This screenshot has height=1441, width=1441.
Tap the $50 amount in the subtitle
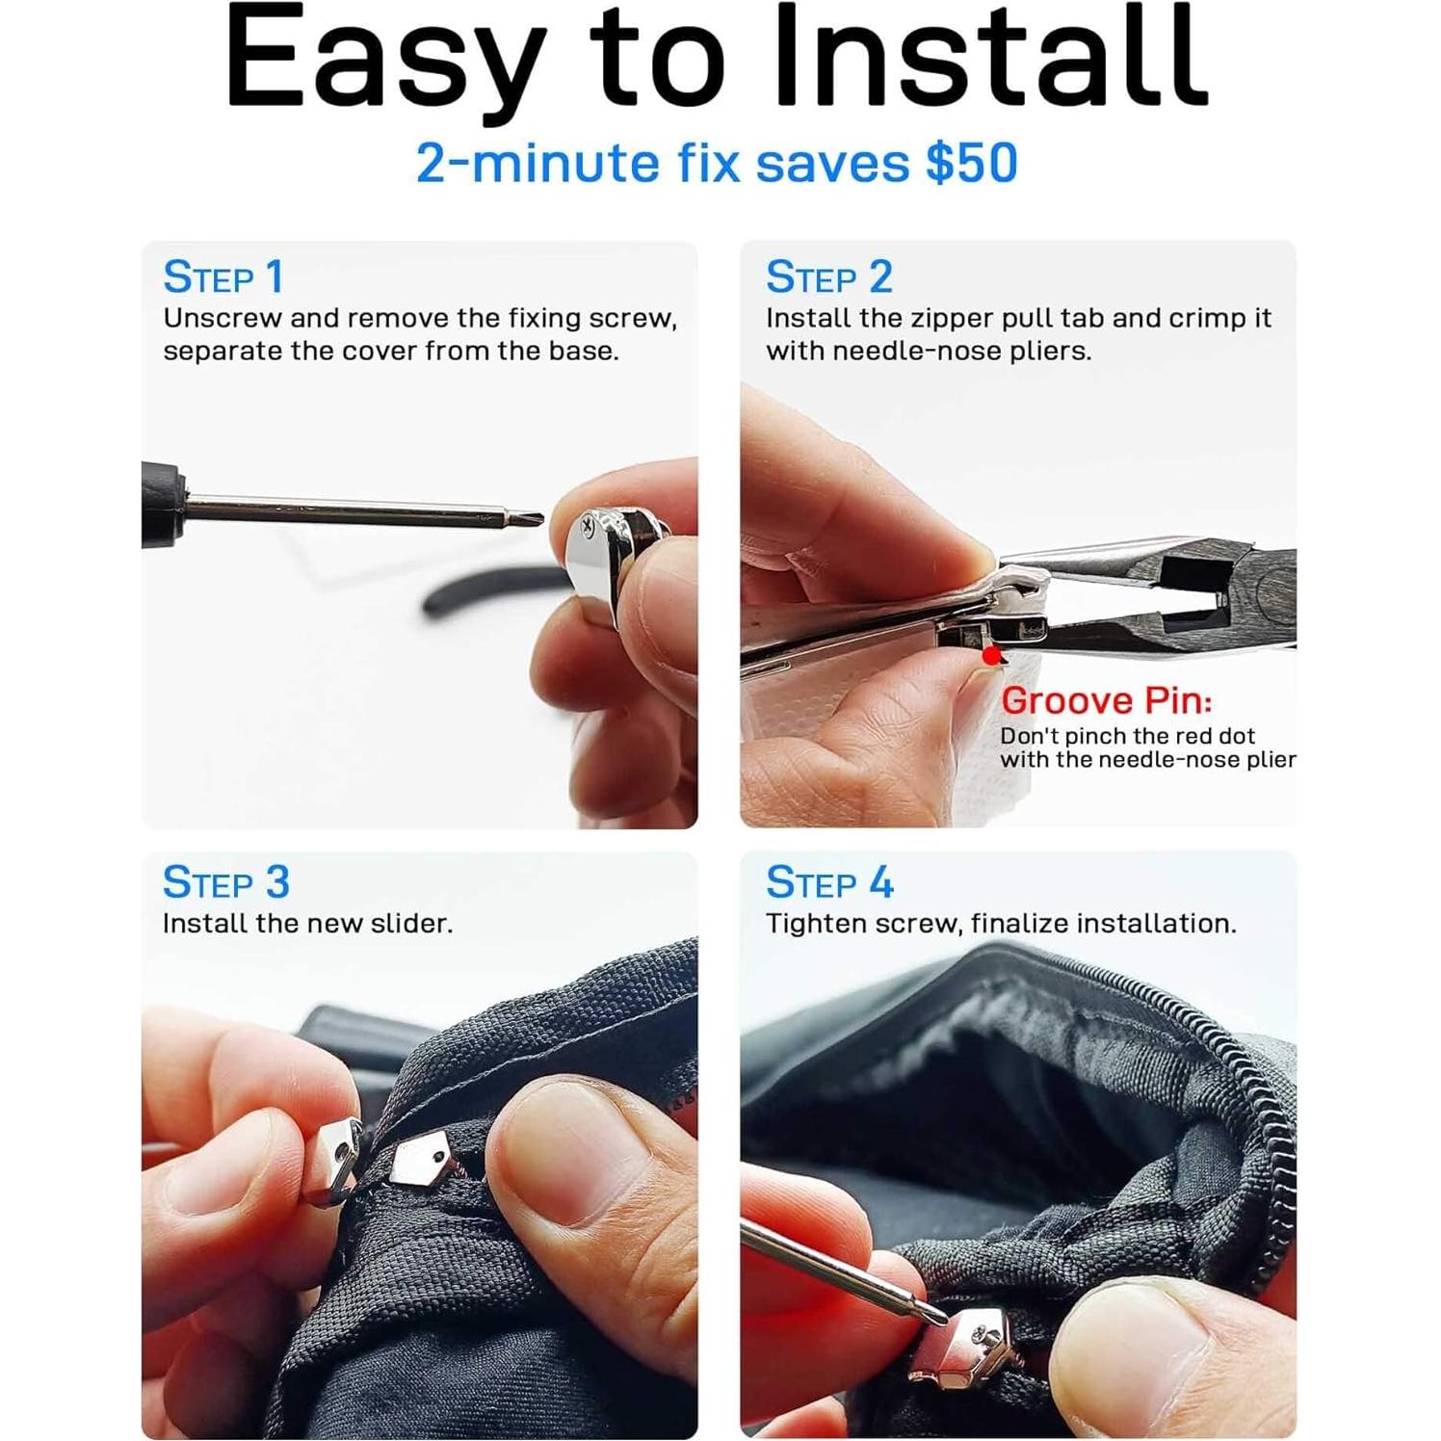pos(971,163)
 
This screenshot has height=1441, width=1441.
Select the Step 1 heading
pos(223,277)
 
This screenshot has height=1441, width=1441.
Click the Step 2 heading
pos(828,277)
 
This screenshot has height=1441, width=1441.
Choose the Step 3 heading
pos(225,882)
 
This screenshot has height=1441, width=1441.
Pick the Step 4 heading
pos(829,882)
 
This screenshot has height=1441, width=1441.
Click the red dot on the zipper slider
pos(991,656)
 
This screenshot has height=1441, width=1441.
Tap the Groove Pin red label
pos(1106,700)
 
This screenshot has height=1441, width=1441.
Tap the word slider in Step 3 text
pos(410,924)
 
